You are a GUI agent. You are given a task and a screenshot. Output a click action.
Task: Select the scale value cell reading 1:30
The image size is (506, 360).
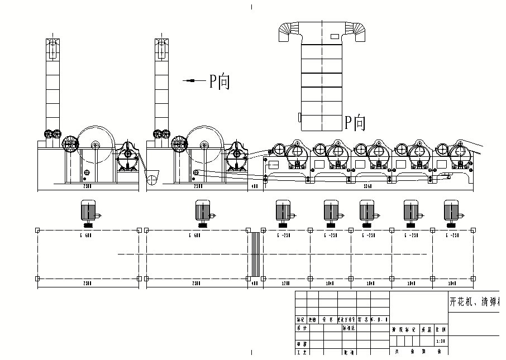(441, 340)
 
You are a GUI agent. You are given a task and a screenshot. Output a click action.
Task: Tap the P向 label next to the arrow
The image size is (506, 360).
(219, 81)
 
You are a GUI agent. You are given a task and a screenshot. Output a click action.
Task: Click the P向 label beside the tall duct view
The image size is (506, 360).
(355, 122)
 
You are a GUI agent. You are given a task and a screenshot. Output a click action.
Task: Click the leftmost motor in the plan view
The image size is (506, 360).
(88, 213)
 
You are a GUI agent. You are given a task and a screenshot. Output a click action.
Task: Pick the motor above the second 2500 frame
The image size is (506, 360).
(203, 213)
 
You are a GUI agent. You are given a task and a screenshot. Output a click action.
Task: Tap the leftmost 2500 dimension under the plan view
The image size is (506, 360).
(88, 284)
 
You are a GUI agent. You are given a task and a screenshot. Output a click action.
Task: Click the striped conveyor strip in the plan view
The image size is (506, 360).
(255, 254)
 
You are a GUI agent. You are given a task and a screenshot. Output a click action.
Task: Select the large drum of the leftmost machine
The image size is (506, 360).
(96, 146)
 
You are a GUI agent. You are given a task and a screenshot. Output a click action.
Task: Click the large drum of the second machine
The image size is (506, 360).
(205, 146)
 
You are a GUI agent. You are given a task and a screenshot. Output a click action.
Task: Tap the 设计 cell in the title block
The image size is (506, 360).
(302, 329)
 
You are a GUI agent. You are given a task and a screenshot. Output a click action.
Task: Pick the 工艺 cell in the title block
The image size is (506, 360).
(302, 352)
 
